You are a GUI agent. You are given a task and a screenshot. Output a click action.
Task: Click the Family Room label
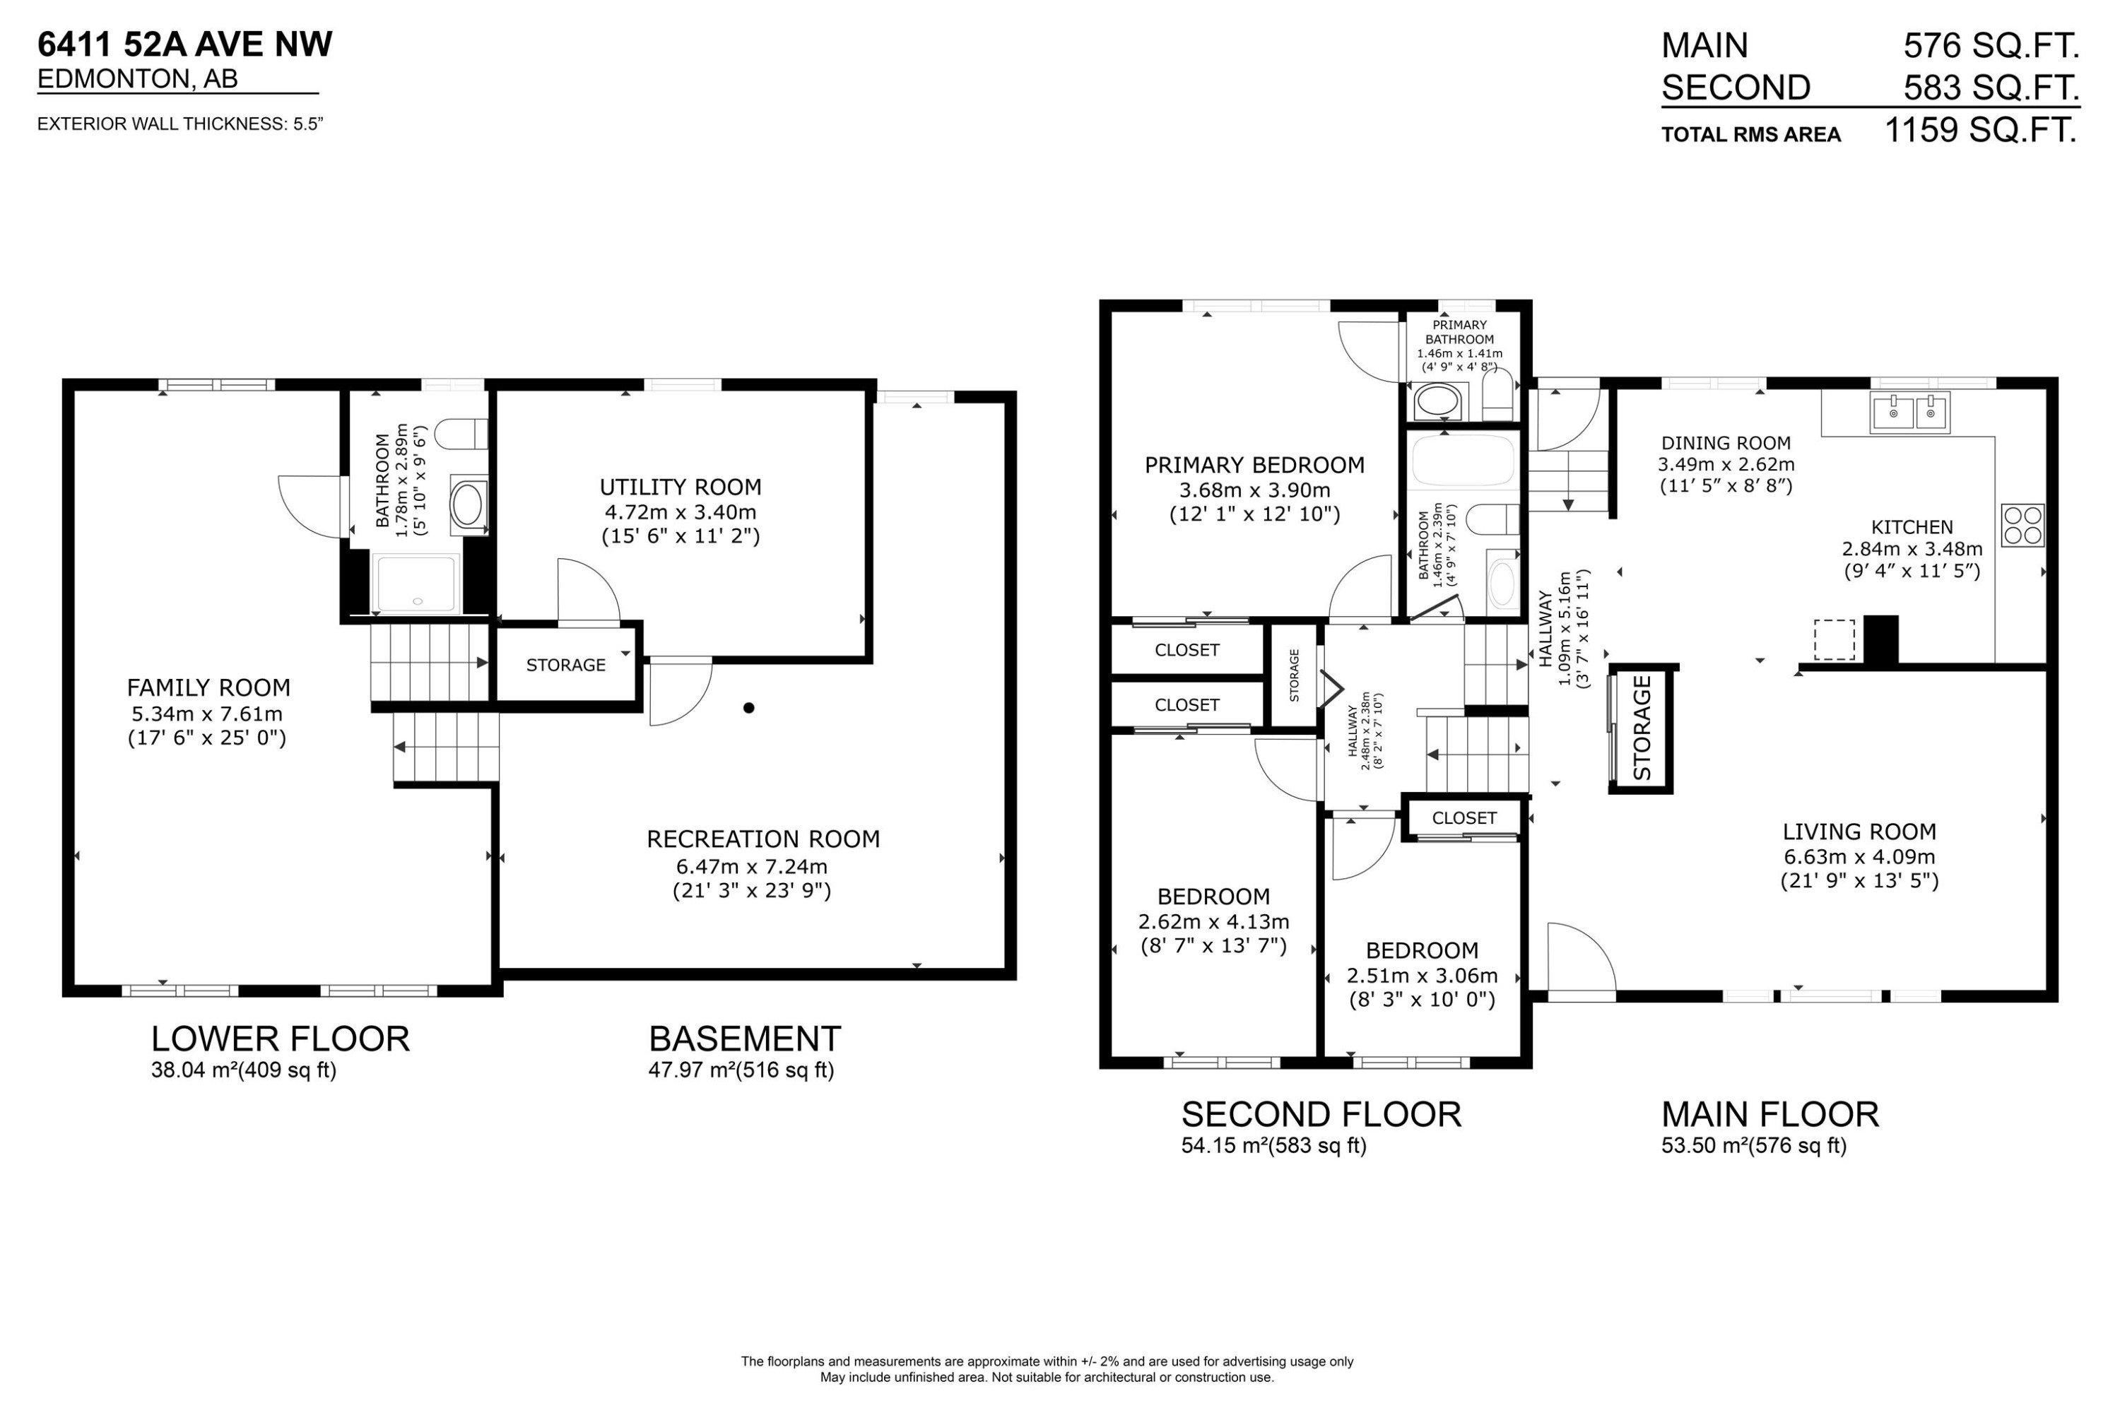[208, 688]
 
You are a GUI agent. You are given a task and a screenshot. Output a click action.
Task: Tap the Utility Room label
[681, 487]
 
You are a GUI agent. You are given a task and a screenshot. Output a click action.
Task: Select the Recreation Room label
[763, 839]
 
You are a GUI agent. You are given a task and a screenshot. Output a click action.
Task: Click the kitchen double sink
[1910, 413]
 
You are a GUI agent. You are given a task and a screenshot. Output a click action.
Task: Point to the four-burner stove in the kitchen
[2022, 526]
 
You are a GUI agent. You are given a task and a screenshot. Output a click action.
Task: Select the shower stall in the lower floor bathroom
[416, 583]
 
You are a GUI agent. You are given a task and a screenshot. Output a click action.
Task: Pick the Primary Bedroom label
[1255, 466]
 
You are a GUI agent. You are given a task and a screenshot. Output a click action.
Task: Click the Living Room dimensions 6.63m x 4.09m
[1859, 857]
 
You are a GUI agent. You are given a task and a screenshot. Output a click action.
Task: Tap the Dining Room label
[1726, 444]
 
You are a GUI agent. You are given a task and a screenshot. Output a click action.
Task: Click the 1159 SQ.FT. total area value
[1982, 131]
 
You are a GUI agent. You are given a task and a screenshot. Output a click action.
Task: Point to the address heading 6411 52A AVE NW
[184, 44]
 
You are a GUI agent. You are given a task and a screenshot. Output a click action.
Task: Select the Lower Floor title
[281, 1039]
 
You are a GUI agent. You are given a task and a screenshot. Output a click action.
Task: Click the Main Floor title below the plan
[1770, 1115]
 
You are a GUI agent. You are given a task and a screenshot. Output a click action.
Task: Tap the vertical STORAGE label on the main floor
[1642, 728]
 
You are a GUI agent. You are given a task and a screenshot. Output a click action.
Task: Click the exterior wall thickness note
[180, 124]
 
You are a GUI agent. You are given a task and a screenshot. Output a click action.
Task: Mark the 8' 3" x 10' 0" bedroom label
[1423, 1000]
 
